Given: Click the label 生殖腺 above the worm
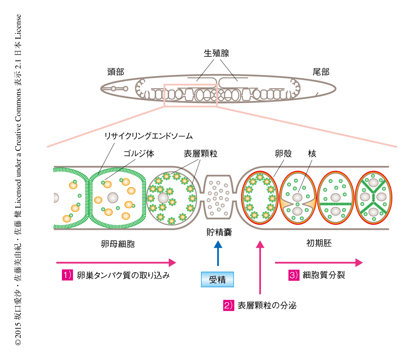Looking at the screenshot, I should [x=217, y=54].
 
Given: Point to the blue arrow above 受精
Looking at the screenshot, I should [x=218, y=253].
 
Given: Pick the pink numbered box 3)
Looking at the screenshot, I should [x=294, y=275].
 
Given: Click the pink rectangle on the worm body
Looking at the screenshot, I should [x=190, y=95].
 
